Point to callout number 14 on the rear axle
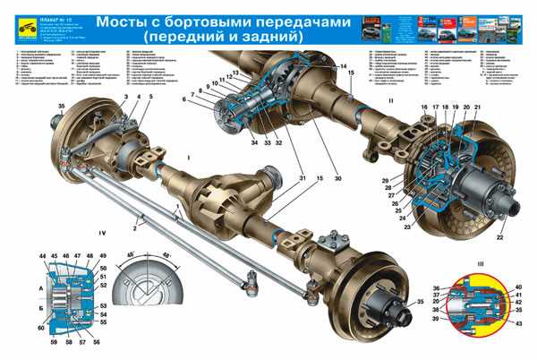point(344,68)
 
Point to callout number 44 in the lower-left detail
point(43,258)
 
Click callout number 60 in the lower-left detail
point(41,329)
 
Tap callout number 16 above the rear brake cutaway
point(424,108)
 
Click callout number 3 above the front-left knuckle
point(126,97)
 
